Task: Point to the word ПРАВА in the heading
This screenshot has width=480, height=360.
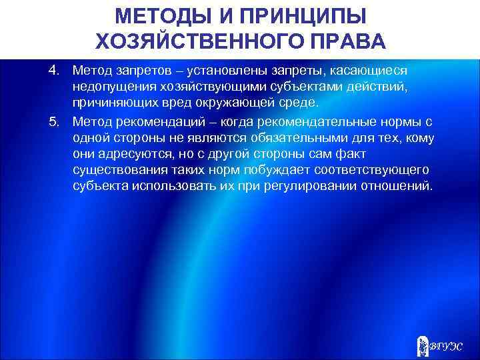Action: click(x=351, y=42)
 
